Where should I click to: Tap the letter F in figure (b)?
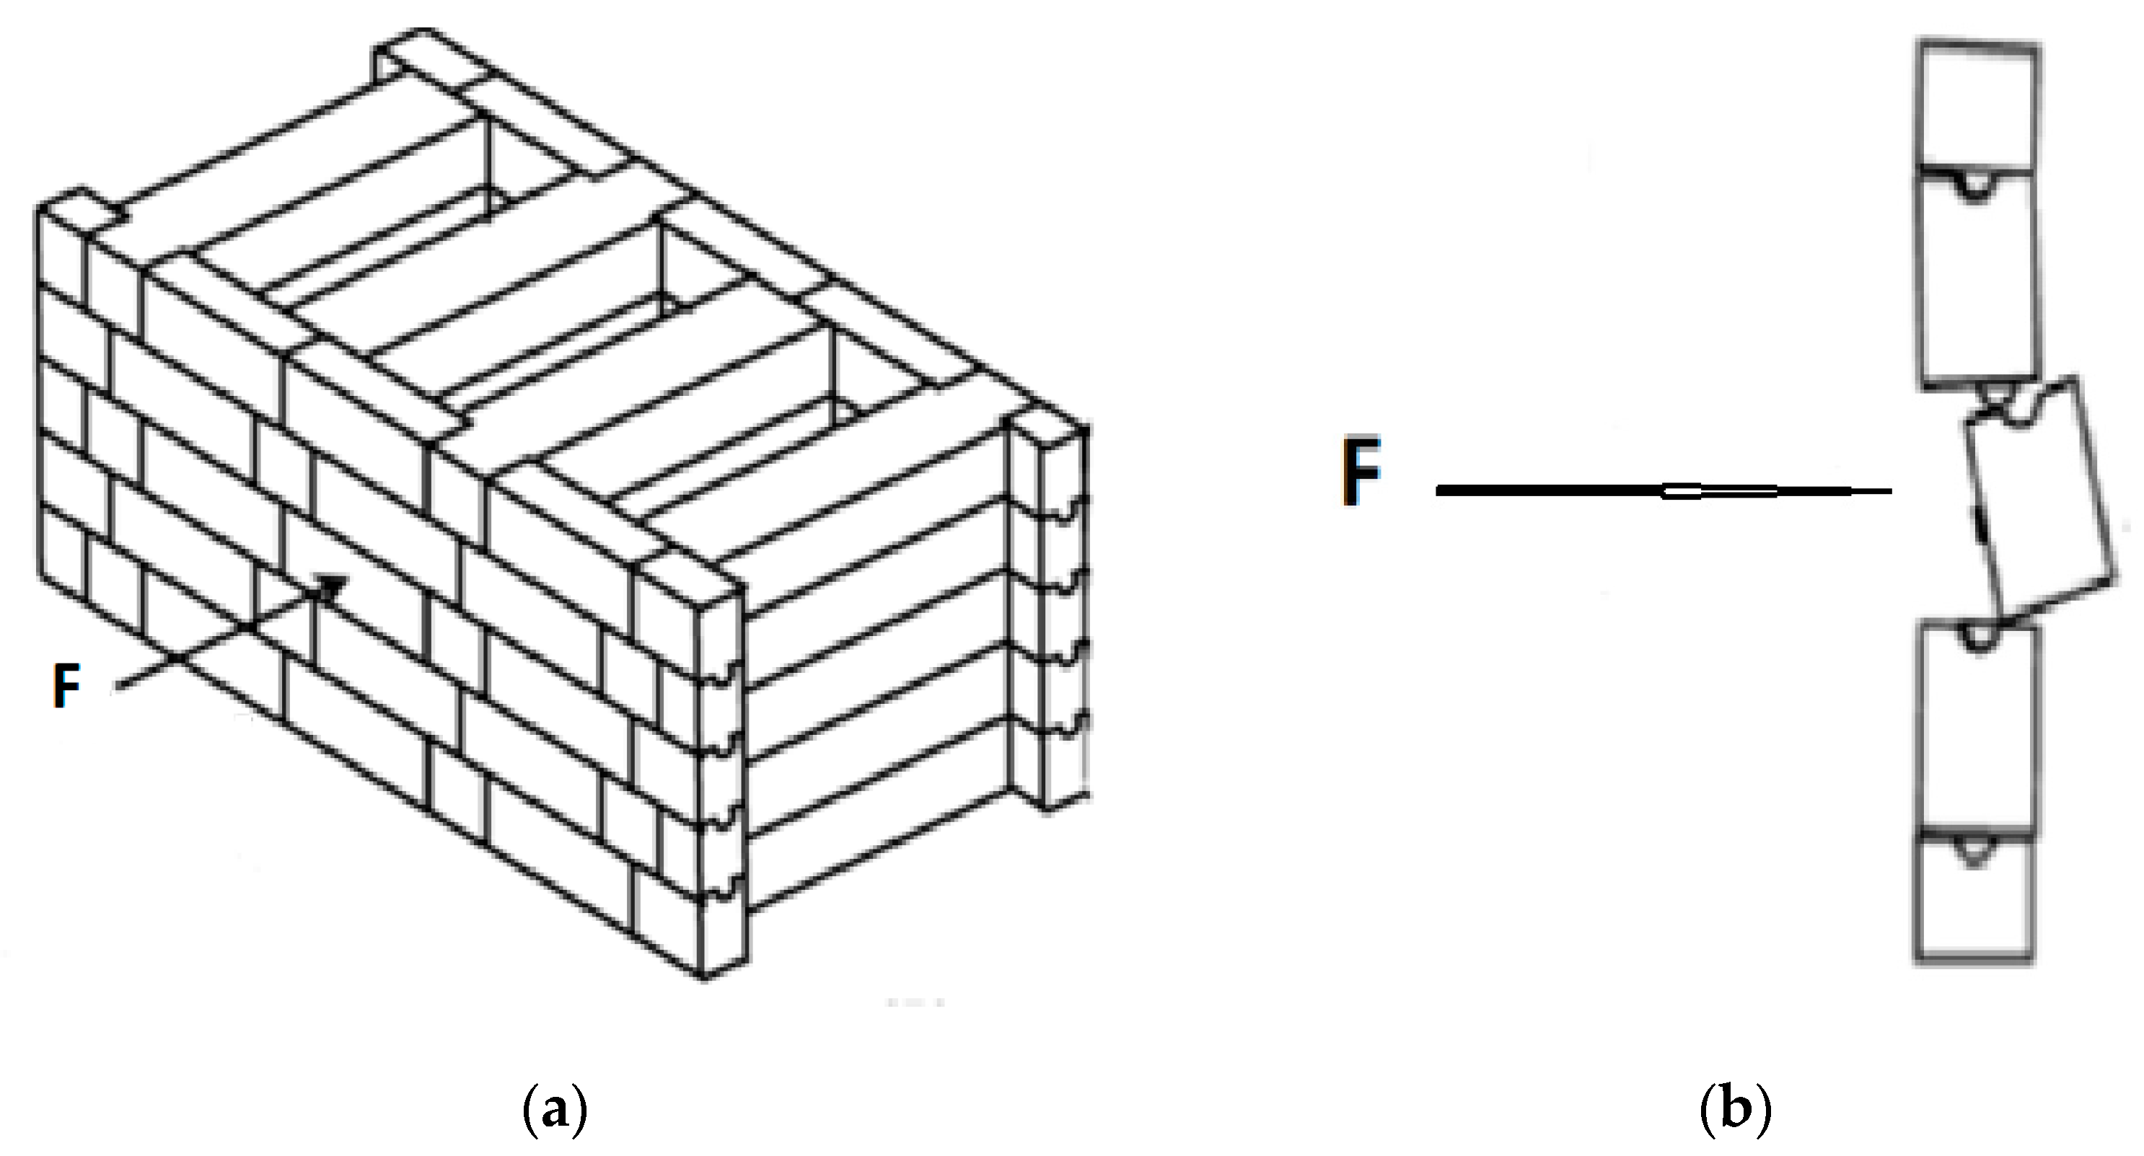point(1361,474)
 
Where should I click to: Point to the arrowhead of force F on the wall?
point(333,585)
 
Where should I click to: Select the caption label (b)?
point(1734,1111)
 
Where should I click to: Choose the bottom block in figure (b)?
point(1974,903)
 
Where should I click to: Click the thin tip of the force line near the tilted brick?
point(1873,492)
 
